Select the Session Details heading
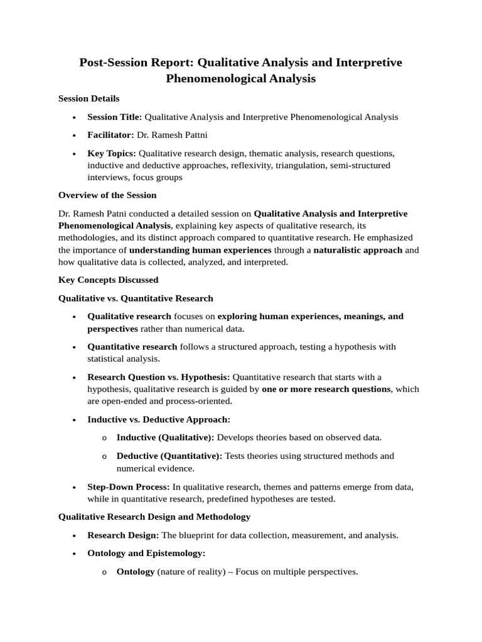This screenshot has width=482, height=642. (x=88, y=98)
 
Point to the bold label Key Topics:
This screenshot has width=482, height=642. (x=112, y=153)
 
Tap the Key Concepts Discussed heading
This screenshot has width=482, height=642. (x=108, y=280)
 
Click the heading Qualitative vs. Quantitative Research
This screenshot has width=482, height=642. (x=136, y=298)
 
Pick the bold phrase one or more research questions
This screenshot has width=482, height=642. (x=326, y=389)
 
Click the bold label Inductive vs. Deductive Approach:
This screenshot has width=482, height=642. (x=159, y=419)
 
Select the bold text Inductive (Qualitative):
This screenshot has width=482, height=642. (x=165, y=438)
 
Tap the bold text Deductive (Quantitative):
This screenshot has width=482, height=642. (x=169, y=456)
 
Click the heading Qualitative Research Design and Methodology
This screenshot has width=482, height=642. (x=154, y=517)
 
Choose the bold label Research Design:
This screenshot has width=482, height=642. (x=123, y=535)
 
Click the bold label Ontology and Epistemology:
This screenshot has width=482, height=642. (x=146, y=554)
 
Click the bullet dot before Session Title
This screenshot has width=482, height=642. (x=75, y=117)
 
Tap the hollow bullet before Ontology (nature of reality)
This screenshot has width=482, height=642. (x=104, y=572)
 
